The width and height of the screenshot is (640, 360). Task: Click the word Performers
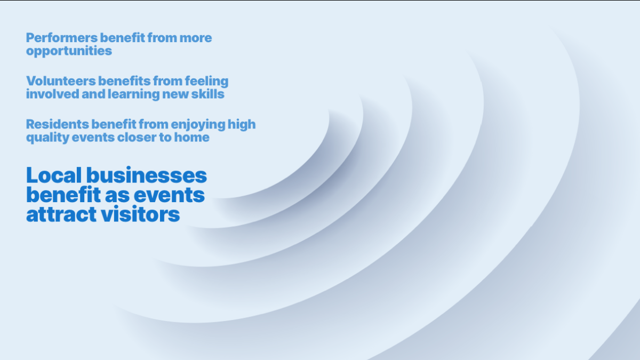point(62,38)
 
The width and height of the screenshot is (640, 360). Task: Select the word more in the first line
point(195,38)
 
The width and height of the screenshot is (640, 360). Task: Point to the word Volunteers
point(61,81)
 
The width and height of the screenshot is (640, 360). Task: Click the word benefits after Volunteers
point(124,81)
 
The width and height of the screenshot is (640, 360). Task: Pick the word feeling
point(206,82)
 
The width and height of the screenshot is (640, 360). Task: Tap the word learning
point(134,95)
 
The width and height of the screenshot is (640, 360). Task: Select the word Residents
point(58,124)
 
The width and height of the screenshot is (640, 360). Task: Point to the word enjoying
point(198,125)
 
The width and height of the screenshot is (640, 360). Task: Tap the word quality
point(47,138)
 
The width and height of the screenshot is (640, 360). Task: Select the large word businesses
point(147,175)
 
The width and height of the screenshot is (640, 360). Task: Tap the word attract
point(61,214)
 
